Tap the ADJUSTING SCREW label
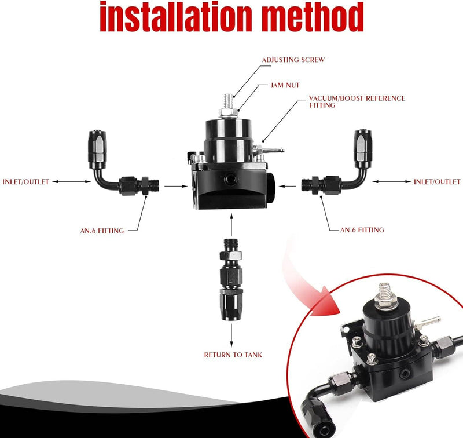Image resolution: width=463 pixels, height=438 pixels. click(x=293, y=60)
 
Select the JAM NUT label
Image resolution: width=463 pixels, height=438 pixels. click(x=285, y=85)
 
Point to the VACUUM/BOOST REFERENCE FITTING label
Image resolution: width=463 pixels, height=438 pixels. click(x=357, y=101)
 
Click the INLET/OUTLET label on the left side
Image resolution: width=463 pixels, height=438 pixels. click(x=25, y=182)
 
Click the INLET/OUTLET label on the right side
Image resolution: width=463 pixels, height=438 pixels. click(x=437, y=182)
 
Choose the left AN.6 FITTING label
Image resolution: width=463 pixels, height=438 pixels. click(x=102, y=231)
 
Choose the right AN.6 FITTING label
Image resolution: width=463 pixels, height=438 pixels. click(x=362, y=230)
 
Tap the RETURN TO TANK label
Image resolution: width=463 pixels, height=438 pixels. click(x=233, y=355)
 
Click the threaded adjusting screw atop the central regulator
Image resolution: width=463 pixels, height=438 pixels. click(x=228, y=101)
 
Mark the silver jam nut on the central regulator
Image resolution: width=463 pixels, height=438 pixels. click(x=228, y=112)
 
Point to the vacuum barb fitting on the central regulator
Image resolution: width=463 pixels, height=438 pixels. click(x=269, y=149)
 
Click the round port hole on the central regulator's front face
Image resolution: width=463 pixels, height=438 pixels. click(x=230, y=178)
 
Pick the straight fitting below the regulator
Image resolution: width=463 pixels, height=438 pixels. click(x=231, y=279)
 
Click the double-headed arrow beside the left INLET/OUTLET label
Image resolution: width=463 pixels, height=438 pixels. click(x=71, y=182)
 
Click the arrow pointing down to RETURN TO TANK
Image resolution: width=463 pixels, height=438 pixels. click(x=231, y=334)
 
